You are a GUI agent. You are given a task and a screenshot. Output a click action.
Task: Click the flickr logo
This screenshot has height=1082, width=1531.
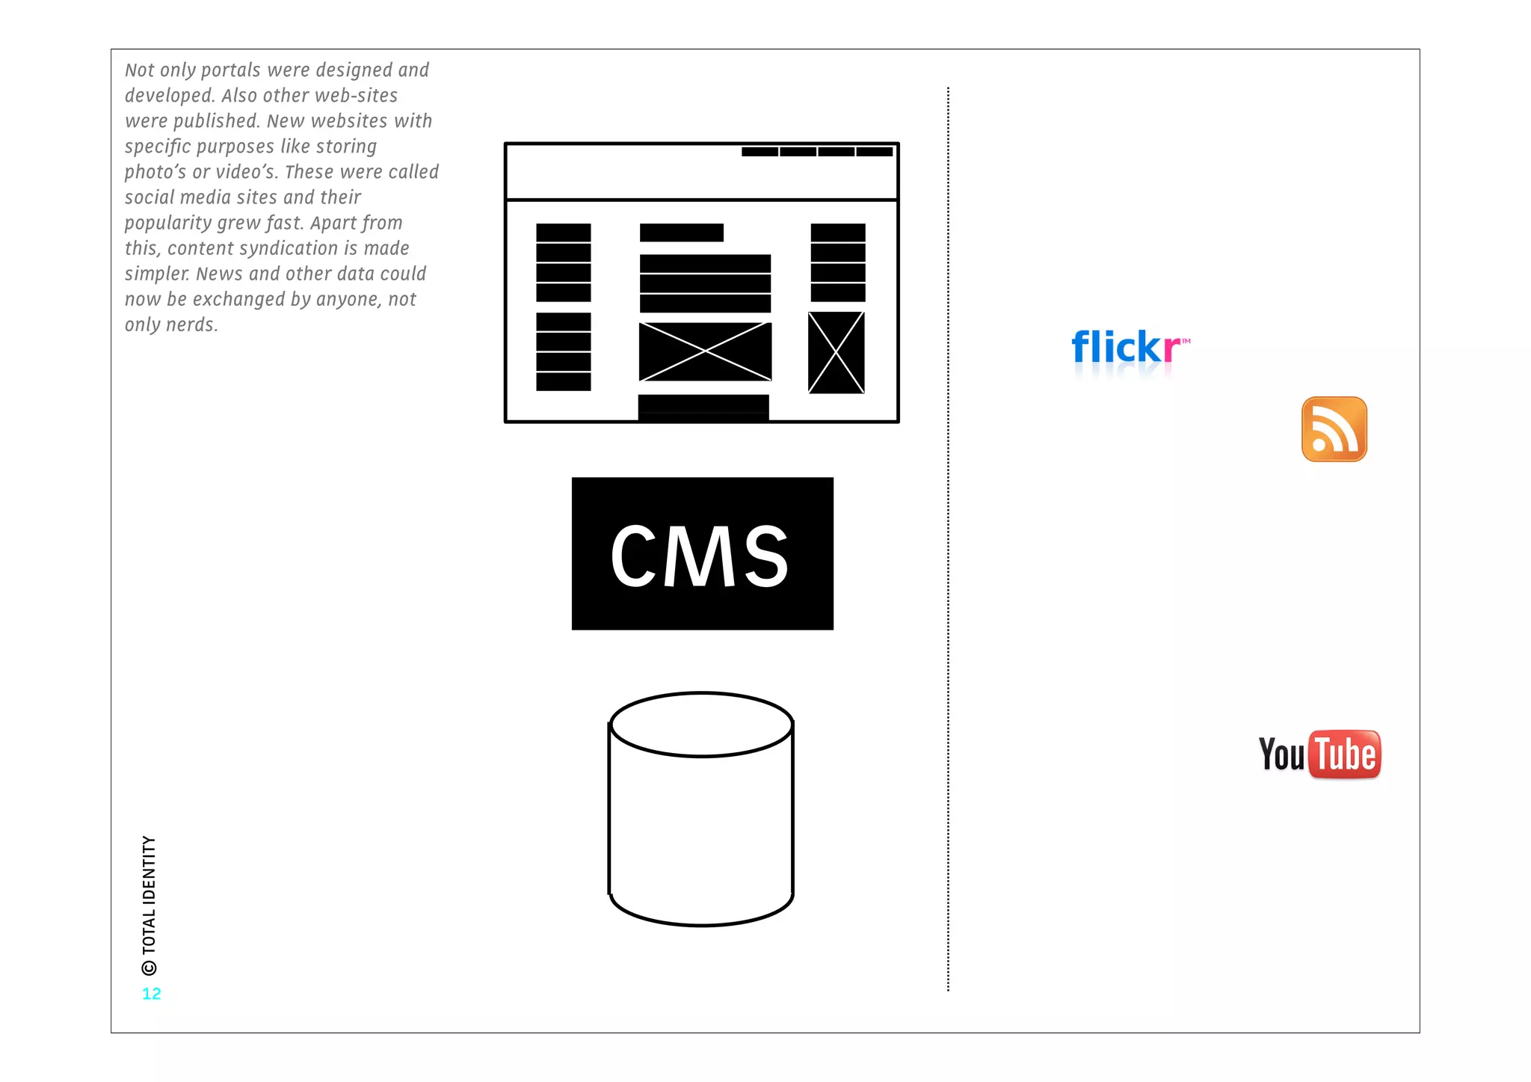pyautogui.click(x=1129, y=348)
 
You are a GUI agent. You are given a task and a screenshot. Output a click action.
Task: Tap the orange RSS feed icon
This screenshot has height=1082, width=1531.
pyautogui.click(x=1334, y=429)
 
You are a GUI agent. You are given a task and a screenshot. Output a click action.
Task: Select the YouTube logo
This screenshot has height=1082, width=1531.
pyautogui.click(x=1319, y=754)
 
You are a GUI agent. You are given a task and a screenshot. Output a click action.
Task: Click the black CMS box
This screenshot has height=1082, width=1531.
pyautogui.click(x=702, y=553)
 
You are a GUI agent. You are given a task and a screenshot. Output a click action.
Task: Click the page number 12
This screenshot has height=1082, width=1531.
pyautogui.click(x=151, y=994)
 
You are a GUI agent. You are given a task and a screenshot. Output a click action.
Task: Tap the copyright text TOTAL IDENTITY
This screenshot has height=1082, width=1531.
pyautogui.click(x=150, y=894)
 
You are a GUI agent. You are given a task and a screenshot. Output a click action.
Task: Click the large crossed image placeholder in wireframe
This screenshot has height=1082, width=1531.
pyautogui.click(x=705, y=351)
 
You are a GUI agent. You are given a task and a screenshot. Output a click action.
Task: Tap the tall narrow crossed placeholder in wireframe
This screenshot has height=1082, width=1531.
pyautogui.click(x=836, y=353)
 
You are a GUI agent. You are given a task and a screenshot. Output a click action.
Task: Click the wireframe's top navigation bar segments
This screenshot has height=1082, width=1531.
pyautogui.click(x=816, y=152)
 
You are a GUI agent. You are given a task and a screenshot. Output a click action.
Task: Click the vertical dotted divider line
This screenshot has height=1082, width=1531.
pyautogui.click(x=948, y=538)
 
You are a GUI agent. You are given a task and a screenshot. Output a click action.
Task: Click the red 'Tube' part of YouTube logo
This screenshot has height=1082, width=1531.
pyautogui.click(x=1345, y=754)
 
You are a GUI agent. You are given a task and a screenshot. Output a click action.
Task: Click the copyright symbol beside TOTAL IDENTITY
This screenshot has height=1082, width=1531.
pyautogui.click(x=150, y=968)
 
